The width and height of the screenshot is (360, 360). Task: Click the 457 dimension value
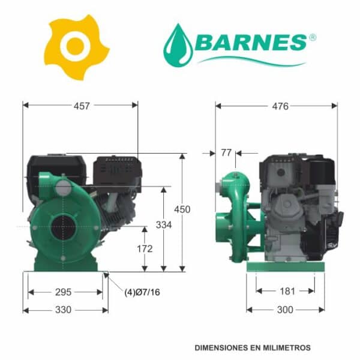click(x=82, y=106)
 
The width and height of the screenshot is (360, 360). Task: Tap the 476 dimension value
click(x=280, y=106)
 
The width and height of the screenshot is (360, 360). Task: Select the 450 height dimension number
click(x=182, y=209)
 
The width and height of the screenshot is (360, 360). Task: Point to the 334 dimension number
click(x=164, y=225)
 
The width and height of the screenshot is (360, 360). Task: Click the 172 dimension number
click(x=145, y=248)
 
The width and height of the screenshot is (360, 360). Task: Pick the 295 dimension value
click(x=63, y=292)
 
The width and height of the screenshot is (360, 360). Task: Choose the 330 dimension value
click(x=63, y=310)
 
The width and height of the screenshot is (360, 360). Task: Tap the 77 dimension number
click(x=226, y=152)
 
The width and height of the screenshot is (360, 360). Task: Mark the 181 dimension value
click(x=287, y=292)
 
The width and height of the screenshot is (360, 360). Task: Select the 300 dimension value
click(x=285, y=310)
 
